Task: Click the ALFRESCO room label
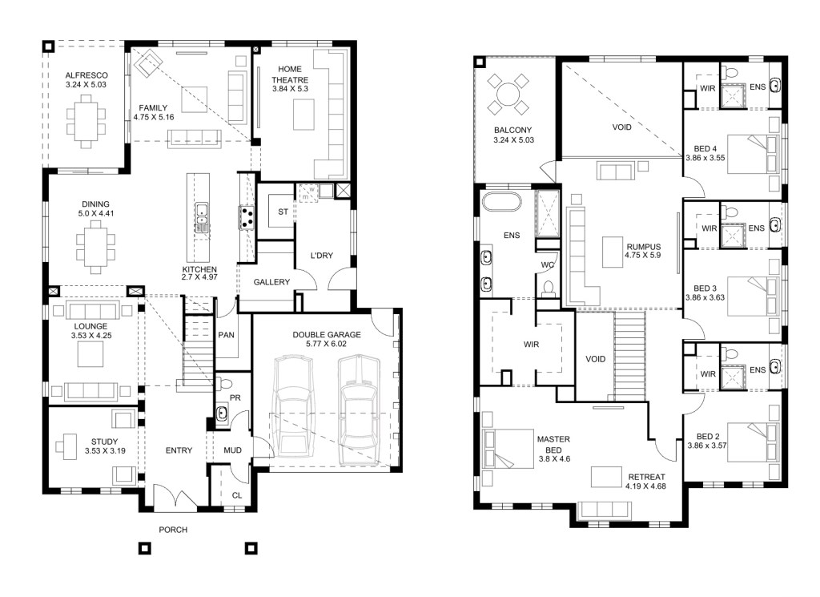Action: point(86,75)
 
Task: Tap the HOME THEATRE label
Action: point(290,75)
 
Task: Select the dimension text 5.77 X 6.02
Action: point(327,344)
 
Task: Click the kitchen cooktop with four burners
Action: point(247,218)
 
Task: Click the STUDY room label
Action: point(105,442)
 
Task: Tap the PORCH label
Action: point(173,530)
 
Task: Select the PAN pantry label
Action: point(226,335)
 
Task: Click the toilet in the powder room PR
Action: point(225,384)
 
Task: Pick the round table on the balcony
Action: point(507,95)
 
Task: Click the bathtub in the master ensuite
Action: point(501,203)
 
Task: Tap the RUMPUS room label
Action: point(644,247)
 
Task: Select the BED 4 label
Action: point(705,148)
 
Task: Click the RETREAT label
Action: point(646,477)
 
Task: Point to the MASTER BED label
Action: point(553,445)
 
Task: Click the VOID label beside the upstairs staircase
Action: point(596,359)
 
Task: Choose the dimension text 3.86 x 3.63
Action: point(705,298)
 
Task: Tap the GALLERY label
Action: point(271,282)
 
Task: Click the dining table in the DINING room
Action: point(95,247)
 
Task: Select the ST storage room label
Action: point(283,212)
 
